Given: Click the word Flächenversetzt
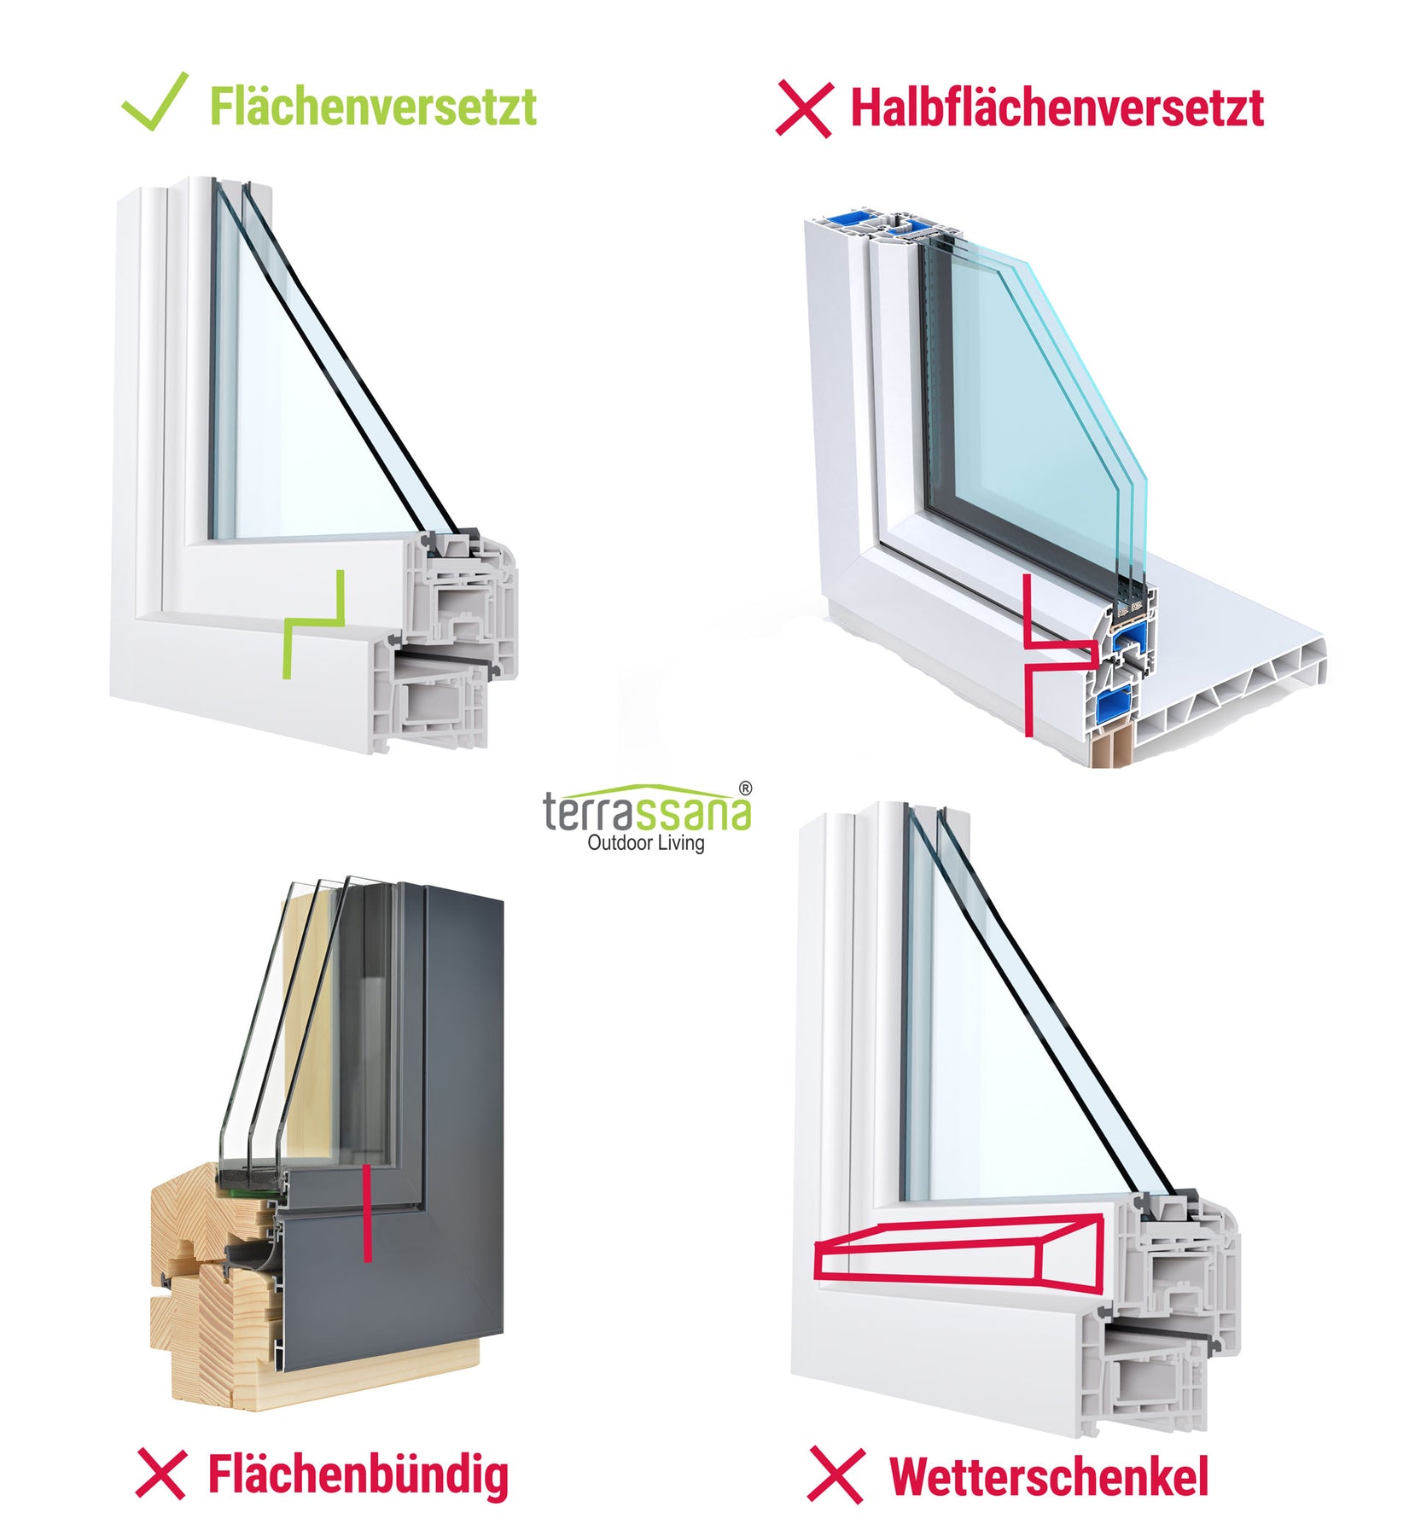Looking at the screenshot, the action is pyautogui.click(x=373, y=107).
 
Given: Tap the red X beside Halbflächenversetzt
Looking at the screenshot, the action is pyautogui.click(x=803, y=109).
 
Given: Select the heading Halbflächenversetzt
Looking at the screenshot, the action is pyautogui.click(x=1057, y=108).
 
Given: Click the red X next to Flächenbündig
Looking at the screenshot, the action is pyautogui.click(x=160, y=1473).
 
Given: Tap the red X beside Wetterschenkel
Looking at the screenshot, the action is pyautogui.click(x=836, y=1475).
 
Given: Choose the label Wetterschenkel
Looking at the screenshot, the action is pyautogui.click(x=1049, y=1475).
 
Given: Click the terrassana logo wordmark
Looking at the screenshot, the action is pyautogui.click(x=647, y=808).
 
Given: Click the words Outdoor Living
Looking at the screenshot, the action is pyautogui.click(x=646, y=843).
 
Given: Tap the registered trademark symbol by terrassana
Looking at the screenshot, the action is pyautogui.click(x=745, y=788).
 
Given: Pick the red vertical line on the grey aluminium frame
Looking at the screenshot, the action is pyautogui.click(x=367, y=1213).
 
